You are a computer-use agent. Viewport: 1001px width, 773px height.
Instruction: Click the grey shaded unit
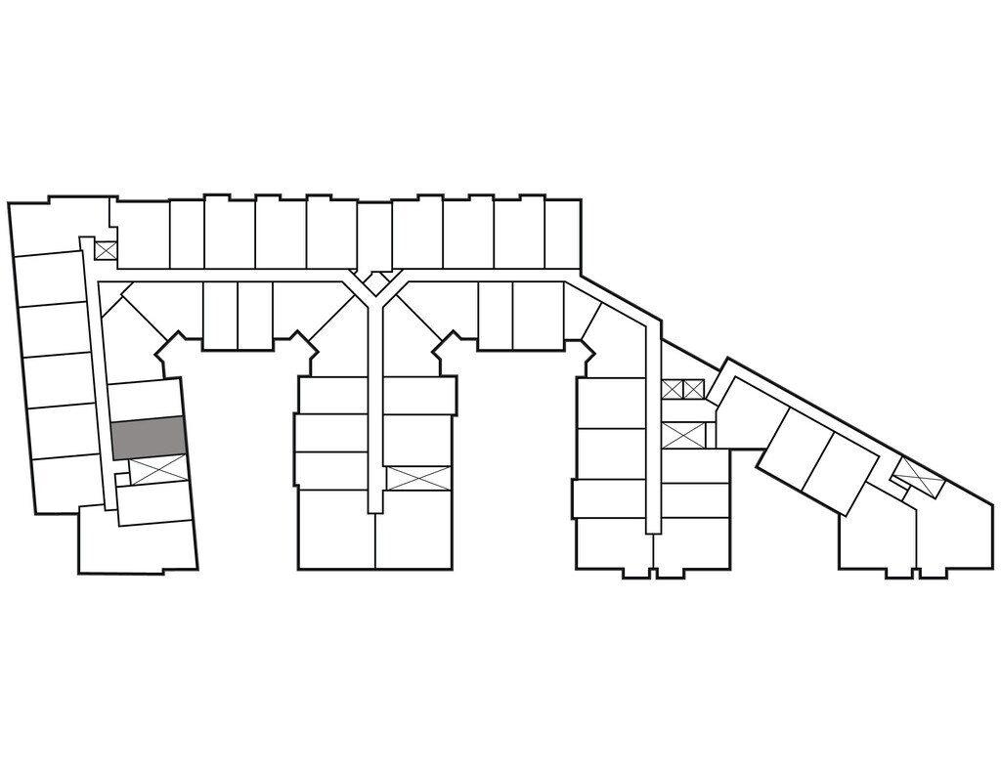point(148,437)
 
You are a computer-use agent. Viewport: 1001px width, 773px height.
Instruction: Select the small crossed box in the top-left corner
point(106,250)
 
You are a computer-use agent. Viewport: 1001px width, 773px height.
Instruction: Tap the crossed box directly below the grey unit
point(157,470)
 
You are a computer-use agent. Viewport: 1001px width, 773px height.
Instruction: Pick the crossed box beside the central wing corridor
point(418,478)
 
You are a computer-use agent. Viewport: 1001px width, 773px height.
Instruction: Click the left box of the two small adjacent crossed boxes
point(672,389)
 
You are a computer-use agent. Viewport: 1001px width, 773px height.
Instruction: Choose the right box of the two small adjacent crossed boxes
point(693,389)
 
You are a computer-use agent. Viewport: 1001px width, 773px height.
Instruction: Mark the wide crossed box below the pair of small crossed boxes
point(682,435)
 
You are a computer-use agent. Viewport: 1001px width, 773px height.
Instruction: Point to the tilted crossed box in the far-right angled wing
point(918,476)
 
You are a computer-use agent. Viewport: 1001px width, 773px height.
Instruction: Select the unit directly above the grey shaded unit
point(145,398)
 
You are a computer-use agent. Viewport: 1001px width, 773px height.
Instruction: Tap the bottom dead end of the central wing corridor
point(373,504)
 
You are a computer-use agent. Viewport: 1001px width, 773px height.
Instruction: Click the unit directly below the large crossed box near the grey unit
point(154,502)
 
